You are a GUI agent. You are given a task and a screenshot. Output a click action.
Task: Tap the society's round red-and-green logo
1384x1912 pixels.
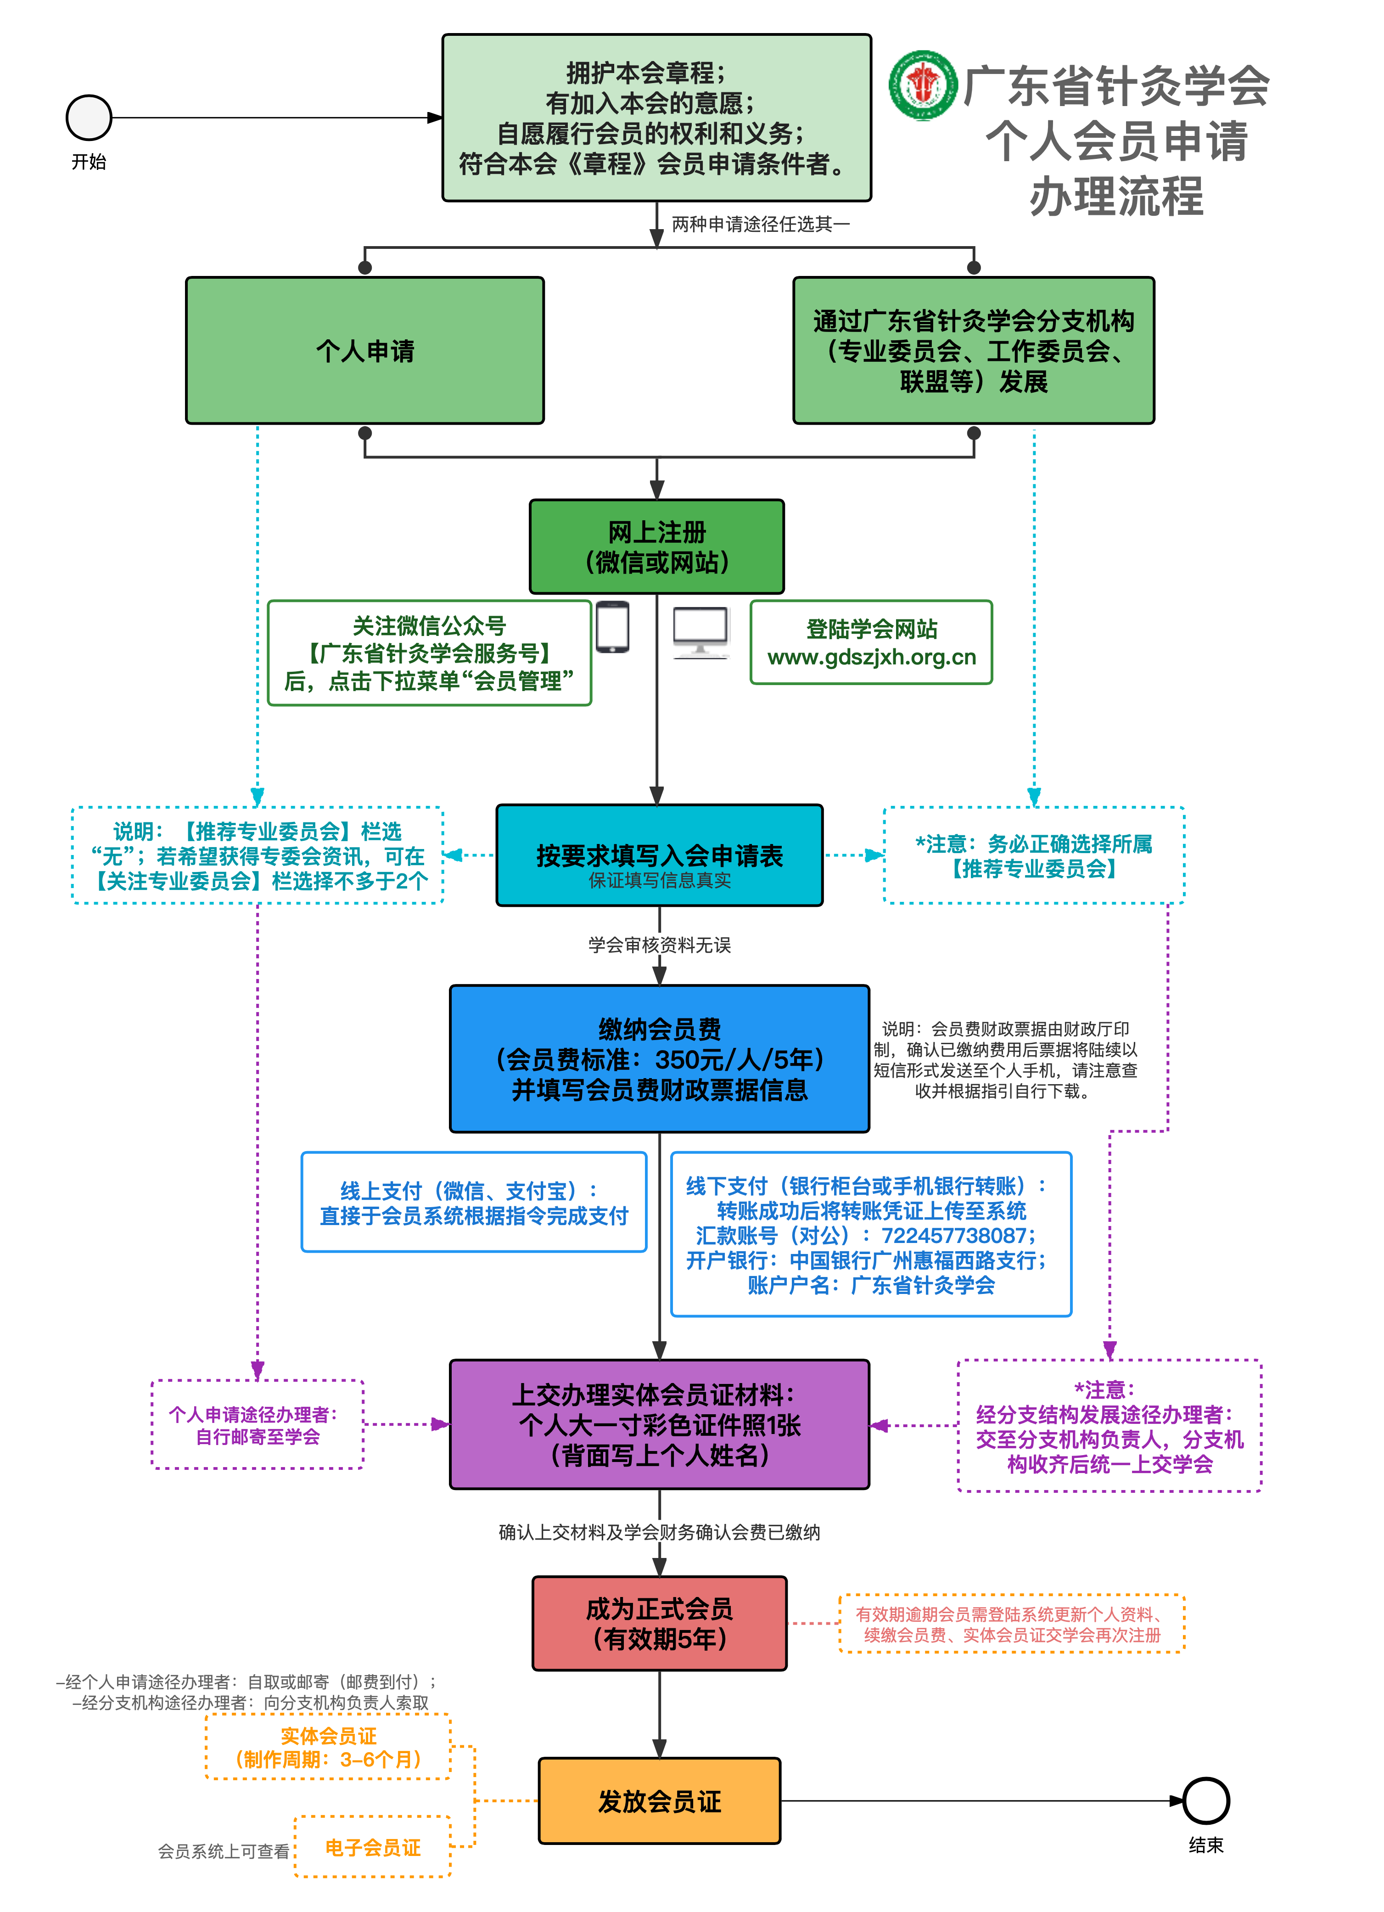point(923,84)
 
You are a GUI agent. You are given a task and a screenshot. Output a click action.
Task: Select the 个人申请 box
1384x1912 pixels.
point(365,351)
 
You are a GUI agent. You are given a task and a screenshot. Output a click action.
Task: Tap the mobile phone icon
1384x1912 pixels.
point(613,627)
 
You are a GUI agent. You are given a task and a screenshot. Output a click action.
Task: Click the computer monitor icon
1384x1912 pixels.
point(700,632)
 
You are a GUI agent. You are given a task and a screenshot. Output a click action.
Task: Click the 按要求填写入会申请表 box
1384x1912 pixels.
point(659,856)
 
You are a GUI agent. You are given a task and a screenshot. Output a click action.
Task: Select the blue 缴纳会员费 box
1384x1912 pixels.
point(659,1059)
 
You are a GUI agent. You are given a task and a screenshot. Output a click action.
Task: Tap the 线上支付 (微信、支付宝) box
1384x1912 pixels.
point(474,1202)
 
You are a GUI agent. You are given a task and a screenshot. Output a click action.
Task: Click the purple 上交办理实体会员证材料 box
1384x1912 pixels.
point(659,1425)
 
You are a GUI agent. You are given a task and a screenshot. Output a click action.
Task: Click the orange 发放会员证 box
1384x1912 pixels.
point(659,1801)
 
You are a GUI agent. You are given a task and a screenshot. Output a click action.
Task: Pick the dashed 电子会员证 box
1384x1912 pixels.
point(373,1847)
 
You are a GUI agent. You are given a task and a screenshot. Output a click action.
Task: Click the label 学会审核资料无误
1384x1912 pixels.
point(659,945)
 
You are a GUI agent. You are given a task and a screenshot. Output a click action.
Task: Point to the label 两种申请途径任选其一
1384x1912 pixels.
point(760,224)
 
